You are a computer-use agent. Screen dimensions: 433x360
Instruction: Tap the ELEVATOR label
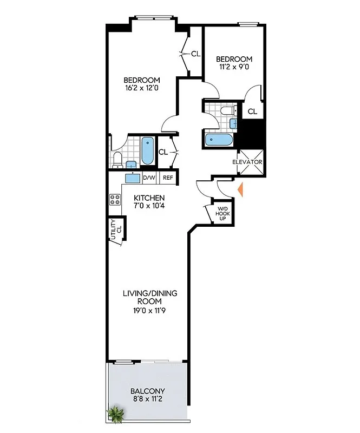(x=247, y=162)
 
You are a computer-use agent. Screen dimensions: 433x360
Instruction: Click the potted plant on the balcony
(x=116, y=415)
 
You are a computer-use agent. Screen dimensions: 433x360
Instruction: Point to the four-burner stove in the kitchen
(x=115, y=199)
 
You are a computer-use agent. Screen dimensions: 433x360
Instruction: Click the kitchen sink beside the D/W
(x=133, y=178)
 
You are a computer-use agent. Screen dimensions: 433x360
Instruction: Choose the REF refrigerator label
(x=168, y=178)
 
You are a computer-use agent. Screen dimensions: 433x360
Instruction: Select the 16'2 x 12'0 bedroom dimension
(x=141, y=89)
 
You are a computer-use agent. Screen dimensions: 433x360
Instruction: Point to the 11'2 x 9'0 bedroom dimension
(x=234, y=68)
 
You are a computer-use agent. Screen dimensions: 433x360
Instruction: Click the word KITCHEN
(x=149, y=198)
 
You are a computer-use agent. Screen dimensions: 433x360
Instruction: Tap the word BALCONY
(x=148, y=391)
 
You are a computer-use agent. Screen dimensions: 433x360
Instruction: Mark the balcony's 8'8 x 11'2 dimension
(x=148, y=399)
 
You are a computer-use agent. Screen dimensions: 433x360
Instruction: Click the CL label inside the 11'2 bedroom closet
(x=252, y=111)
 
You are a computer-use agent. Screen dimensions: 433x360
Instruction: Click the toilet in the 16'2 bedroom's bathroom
(x=117, y=159)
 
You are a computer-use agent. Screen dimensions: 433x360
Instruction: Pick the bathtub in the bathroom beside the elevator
(x=220, y=140)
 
